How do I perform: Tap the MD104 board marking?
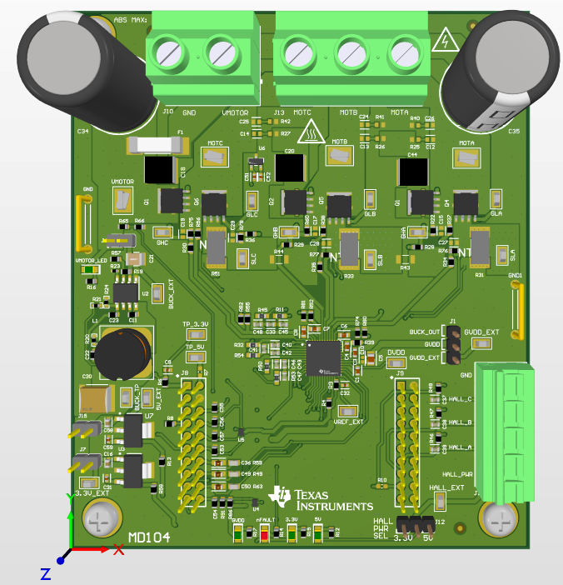coord(149,539)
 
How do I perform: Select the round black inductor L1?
coord(122,353)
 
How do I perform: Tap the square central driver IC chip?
coord(324,357)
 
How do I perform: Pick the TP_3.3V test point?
coord(195,334)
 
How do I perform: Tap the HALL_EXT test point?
coord(441,501)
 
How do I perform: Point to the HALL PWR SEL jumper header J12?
coord(415,524)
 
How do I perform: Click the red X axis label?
coord(118,550)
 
